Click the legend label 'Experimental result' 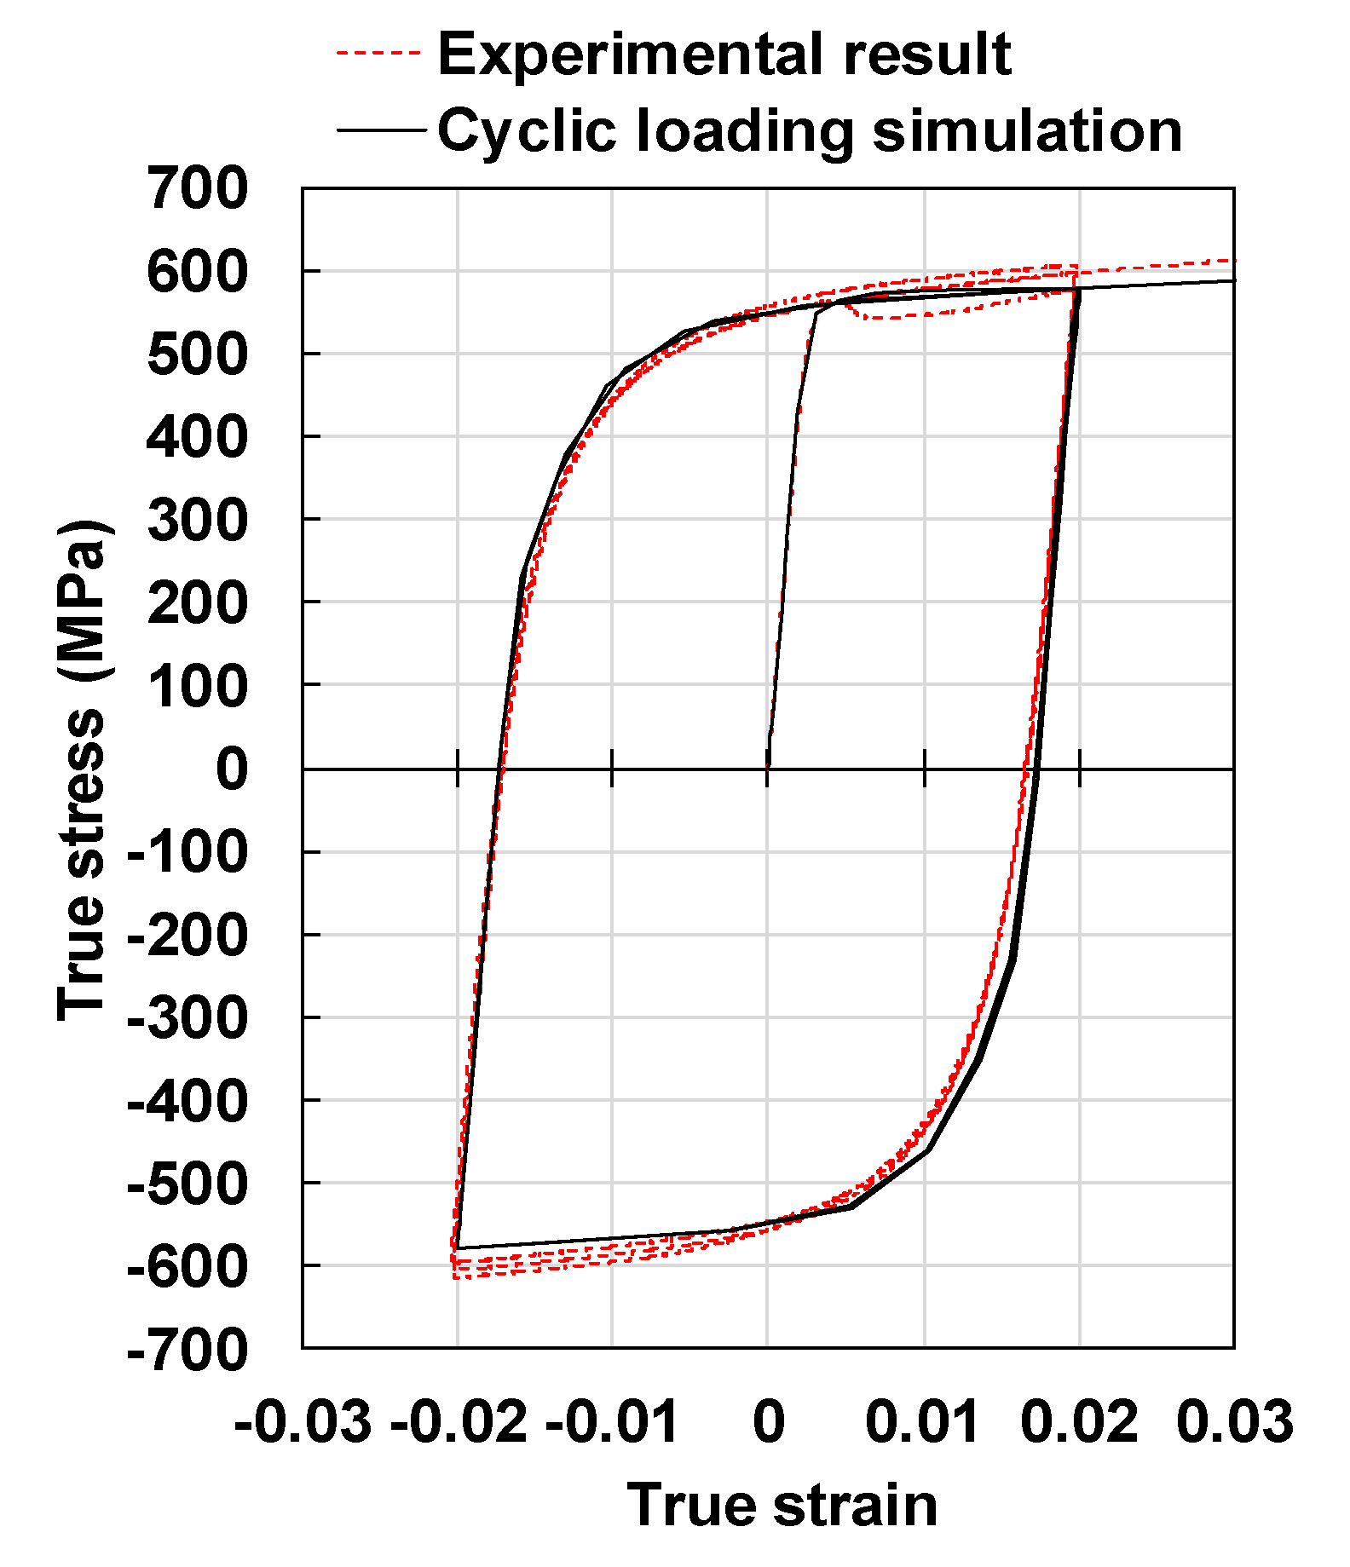click(724, 55)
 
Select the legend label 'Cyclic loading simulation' click(810, 131)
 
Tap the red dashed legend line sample click(379, 53)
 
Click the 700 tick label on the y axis click(198, 188)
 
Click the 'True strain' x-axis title click(782, 1505)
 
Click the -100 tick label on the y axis click(187, 852)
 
